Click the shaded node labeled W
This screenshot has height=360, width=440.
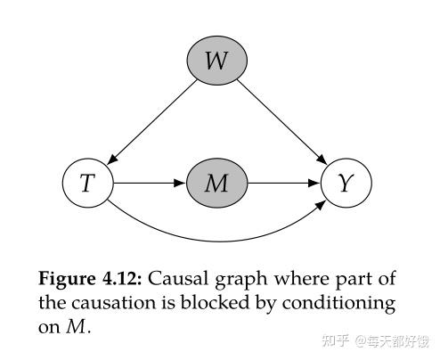(x=216, y=61)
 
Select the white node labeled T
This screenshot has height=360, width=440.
(x=87, y=184)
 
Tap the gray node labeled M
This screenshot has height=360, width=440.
(x=216, y=184)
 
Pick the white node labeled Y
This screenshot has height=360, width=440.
(x=346, y=184)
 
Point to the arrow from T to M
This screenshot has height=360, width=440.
(x=149, y=184)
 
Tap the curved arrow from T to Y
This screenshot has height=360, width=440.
(x=216, y=239)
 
